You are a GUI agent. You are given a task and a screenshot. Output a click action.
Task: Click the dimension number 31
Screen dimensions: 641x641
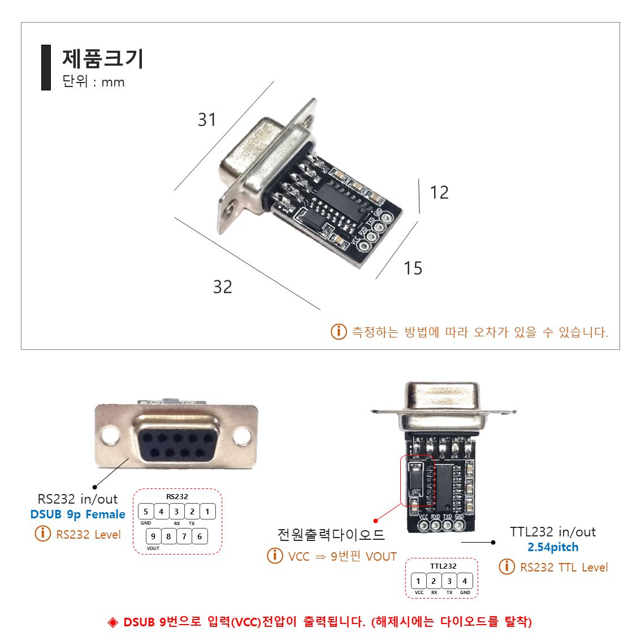(x=207, y=120)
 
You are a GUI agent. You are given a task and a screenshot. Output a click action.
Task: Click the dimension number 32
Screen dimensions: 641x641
(x=223, y=287)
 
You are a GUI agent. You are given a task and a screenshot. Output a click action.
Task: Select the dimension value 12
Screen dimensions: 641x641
(x=439, y=193)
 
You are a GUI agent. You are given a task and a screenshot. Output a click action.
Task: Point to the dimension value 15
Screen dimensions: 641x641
(x=413, y=268)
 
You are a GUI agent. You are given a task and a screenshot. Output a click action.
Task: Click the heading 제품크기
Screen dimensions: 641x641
(x=103, y=59)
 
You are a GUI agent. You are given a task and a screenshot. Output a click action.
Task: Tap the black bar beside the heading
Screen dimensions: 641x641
(x=46, y=68)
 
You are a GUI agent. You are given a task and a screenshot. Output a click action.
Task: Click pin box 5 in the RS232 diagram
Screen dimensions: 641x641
(x=146, y=512)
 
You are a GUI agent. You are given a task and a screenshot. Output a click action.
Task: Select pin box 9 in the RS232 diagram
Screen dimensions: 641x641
(x=153, y=536)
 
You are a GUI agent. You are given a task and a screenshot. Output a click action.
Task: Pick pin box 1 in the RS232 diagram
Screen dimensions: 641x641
(x=207, y=512)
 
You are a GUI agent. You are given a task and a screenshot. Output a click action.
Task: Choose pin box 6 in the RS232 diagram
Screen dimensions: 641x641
(x=200, y=536)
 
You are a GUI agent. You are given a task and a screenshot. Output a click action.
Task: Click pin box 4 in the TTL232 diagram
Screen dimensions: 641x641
(x=465, y=581)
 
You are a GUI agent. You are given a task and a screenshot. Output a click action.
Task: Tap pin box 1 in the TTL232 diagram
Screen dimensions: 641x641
(x=418, y=581)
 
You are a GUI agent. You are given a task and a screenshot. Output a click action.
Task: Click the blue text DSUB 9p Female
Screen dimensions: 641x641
(x=78, y=514)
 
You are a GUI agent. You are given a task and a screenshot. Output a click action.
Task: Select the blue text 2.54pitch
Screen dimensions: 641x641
(x=553, y=547)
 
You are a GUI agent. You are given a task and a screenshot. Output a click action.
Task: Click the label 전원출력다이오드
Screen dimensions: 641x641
(x=331, y=534)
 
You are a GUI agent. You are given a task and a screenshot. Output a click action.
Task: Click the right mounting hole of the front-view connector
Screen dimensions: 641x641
(x=242, y=436)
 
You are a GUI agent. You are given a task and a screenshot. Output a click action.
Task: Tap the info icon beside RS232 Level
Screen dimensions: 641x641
(x=43, y=533)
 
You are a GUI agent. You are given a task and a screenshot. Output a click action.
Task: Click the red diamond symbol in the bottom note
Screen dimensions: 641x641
(x=113, y=622)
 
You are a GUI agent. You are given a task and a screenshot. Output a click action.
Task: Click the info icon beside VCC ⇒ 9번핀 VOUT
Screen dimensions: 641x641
(x=275, y=556)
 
